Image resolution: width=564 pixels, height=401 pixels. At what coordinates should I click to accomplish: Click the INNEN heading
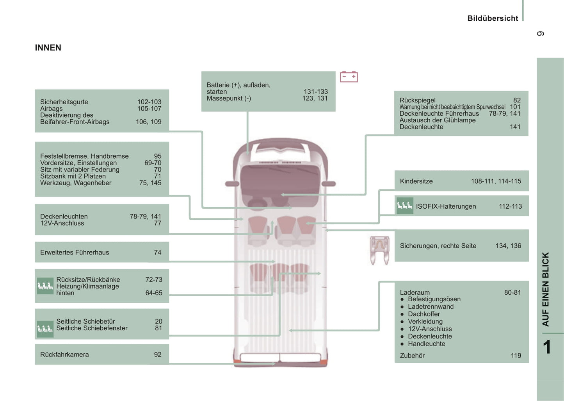48,48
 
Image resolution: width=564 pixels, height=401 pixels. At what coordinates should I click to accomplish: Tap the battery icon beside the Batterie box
349,77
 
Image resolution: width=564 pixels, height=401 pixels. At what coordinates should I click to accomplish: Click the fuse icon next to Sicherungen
379,250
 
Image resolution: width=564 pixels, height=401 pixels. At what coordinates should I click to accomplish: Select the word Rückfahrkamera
64,354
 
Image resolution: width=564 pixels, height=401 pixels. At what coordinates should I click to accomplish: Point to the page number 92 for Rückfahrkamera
157,354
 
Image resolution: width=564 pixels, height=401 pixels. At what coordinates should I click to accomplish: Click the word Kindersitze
416,181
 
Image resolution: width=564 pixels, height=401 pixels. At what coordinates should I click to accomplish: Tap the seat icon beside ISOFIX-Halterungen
404,206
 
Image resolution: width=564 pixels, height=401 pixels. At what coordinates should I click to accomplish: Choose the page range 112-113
510,206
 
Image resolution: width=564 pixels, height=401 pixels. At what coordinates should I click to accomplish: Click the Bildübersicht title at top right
493,18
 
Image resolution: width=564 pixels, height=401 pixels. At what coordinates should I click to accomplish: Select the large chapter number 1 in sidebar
547,347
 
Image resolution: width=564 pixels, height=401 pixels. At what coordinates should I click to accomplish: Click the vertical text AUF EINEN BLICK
546,289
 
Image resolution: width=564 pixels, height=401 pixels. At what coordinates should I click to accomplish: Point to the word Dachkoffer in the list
424,314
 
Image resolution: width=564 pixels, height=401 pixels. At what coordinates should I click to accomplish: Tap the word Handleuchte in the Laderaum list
426,344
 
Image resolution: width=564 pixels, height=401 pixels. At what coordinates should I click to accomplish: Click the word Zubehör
412,355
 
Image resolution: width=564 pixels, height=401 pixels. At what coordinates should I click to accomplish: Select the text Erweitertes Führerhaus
75,252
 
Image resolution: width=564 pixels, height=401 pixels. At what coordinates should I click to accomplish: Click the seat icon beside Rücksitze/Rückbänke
45,286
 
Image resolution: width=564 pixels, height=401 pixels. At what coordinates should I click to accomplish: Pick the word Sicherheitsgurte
64,102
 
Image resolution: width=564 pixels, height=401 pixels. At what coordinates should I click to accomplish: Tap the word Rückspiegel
417,100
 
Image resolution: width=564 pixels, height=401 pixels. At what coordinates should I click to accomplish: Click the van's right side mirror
329,184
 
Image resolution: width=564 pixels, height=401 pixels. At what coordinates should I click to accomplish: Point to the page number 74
157,252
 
